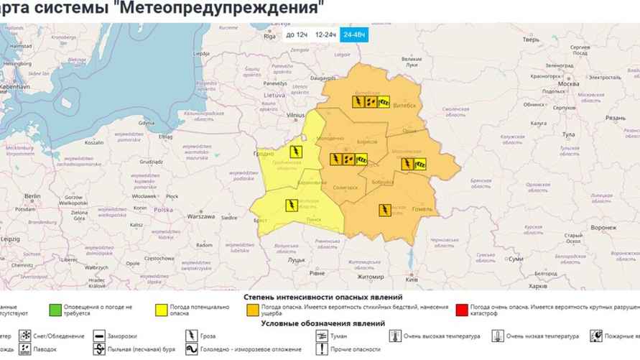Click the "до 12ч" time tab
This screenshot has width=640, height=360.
(295, 34)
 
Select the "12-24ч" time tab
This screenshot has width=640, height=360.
(325, 34)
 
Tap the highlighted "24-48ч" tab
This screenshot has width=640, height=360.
(354, 34)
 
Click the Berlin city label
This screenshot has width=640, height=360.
(32, 195)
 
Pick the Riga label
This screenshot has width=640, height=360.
(270, 37)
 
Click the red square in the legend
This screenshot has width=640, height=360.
(461, 310)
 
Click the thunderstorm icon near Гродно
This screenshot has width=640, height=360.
(295, 152)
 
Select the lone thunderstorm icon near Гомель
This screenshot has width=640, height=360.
(385, 210)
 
